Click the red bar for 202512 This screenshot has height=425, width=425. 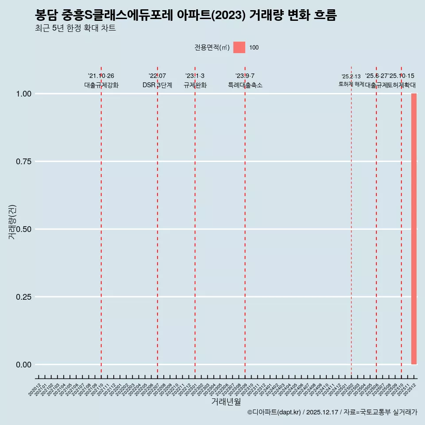click(x=414, y=229)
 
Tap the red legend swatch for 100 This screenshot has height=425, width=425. click(x=239, y=47)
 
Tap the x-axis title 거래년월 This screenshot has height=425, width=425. click(x=226, y=402)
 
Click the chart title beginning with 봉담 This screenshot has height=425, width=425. click(x=186, y=15)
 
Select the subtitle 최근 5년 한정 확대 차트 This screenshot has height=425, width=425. click(x=75, y=29)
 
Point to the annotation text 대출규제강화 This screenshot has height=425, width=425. click(x=101, y=85)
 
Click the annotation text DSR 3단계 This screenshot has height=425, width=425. click(x=157, y=85)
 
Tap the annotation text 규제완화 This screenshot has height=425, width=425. click(x=195, y=85)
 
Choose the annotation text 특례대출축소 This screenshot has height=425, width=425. click(x=245, y=85)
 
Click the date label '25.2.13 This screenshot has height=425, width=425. click(x=351, y=77)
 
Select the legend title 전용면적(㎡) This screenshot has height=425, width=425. click(x=212, y=47)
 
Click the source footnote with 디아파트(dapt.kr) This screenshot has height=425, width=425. click(x=332, y=412)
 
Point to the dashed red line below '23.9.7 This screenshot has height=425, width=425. click(x=245, y=221)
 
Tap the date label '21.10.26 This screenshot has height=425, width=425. click(x=101, y=76)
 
